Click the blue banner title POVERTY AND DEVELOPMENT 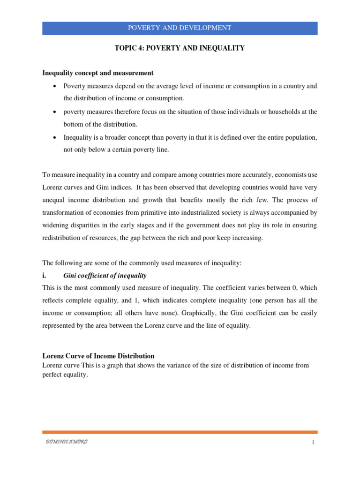(180, 28)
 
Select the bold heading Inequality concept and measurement (98, 73)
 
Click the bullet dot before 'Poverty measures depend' (55, 86)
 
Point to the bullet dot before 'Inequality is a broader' (55, 137)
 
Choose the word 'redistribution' (62, 238)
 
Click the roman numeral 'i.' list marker (45, 276)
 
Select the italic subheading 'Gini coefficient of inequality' (105, 276)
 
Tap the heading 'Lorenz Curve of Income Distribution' (98, 356)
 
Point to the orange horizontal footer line (180, 432)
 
